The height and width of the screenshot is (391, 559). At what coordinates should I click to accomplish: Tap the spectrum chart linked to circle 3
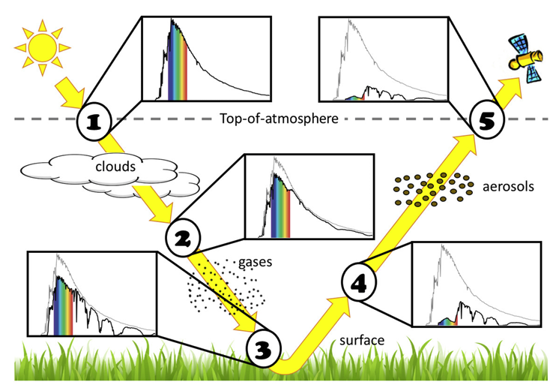pos(92,293)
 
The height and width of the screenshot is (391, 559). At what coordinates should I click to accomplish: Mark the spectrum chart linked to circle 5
pos(383,60)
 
